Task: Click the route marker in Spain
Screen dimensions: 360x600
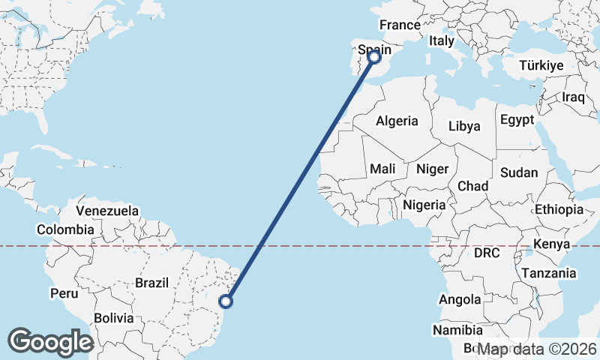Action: (374, 55)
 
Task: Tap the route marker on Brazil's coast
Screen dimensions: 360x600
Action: (226, 301)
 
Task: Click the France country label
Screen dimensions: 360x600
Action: (400, 25)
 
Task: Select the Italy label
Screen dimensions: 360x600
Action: (442, 41)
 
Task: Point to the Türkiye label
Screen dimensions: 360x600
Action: (541, 66)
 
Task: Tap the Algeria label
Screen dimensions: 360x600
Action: (397, 120)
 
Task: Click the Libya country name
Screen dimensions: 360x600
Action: (464, 126)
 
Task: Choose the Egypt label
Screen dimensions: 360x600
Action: (517, 119)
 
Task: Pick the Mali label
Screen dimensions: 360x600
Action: (382, 169)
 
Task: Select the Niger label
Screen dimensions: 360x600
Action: (431, 169)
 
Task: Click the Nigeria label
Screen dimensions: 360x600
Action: (424, 204)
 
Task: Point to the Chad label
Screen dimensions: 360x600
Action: (472, 186)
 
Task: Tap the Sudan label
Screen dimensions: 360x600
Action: (519, 172)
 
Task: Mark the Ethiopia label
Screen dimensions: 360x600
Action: (559, 209)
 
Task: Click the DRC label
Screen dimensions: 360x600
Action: (487, 253)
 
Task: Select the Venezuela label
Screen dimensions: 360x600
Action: (107, 211)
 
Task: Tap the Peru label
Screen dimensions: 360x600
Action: (64, 293)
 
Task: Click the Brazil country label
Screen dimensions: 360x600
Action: (151, 283)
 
